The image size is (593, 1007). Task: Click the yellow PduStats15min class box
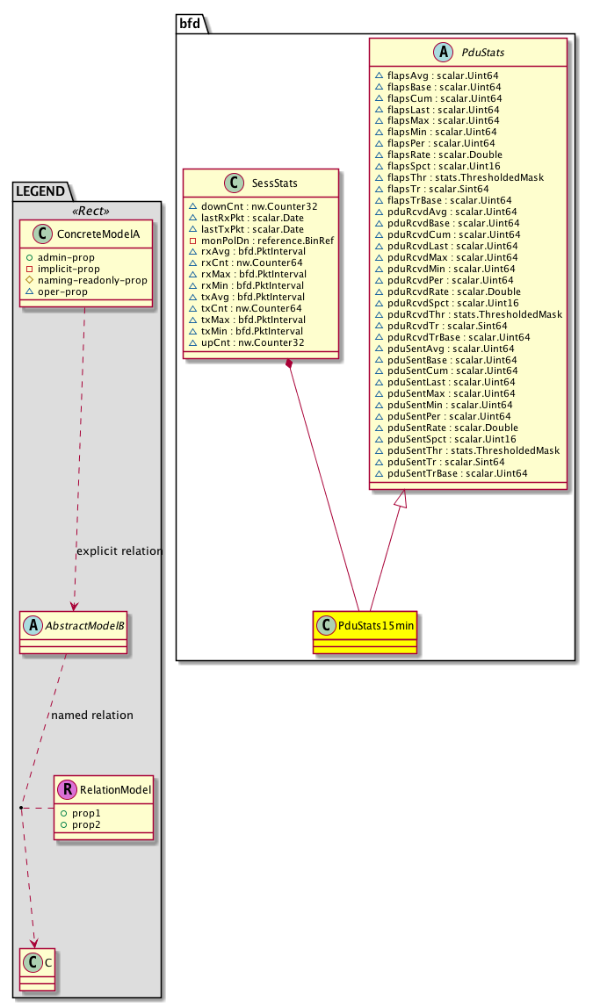coord(364,631)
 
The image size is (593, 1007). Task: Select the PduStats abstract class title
coord(481,54)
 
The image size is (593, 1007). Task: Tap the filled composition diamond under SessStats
coord(289,362)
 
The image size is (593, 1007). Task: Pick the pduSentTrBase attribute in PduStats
coord(451,473)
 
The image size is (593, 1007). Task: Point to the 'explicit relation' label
coord(119,551)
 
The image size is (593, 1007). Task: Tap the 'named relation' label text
coord(92,715)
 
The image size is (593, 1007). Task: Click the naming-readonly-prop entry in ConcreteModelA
coord(90,279)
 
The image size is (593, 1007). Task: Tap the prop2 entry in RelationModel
coord(87,826)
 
